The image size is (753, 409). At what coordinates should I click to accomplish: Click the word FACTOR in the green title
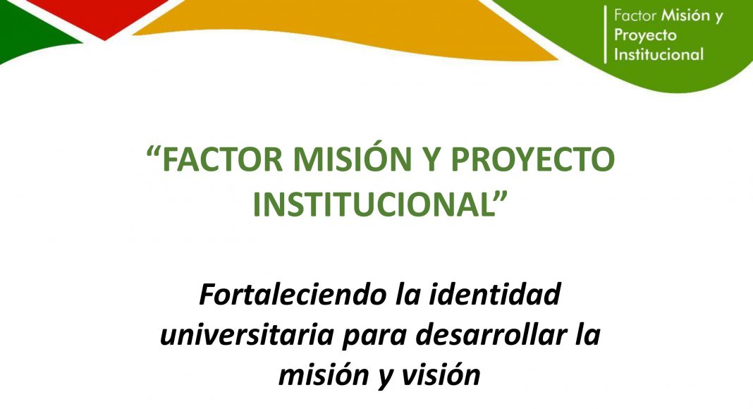[x=222, y=159]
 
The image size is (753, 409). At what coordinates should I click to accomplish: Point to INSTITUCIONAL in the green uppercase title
[x=373, y=204]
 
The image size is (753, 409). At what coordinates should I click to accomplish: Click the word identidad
[x=495, y=294]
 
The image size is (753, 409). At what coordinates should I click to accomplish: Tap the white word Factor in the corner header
[x=635, y=16]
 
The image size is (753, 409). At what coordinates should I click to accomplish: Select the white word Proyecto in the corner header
[x=645, y=35]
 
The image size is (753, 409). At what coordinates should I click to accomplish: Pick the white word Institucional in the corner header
[x=659, y=54]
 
